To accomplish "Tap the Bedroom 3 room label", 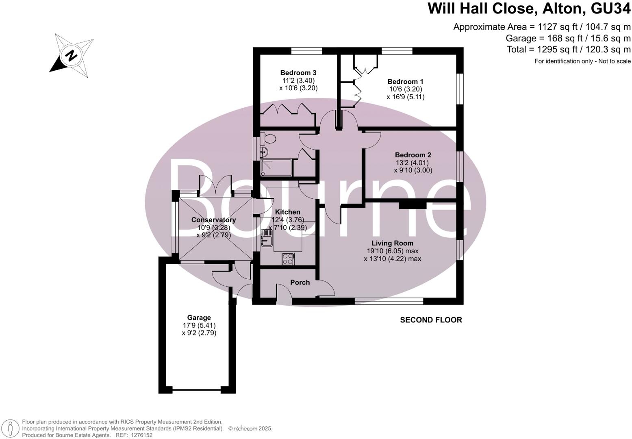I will click(x=298, y=73).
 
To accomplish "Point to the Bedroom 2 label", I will click(x=413, y=155).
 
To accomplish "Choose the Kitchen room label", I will click(x=288, y=212).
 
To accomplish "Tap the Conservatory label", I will click(x=213, y=220).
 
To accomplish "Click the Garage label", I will click(x=199, y=317).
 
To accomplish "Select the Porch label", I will click(x=300, y=283).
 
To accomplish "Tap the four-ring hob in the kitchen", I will click(x=288, y=259).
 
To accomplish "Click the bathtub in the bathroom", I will click(x=276, y=167).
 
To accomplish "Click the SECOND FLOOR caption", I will click(x=431, y=320).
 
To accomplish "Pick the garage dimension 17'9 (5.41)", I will click(x=199, y=325).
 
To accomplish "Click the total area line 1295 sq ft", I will click(x=569, y=50).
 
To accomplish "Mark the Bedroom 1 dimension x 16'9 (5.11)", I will click(x=405, y=97).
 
